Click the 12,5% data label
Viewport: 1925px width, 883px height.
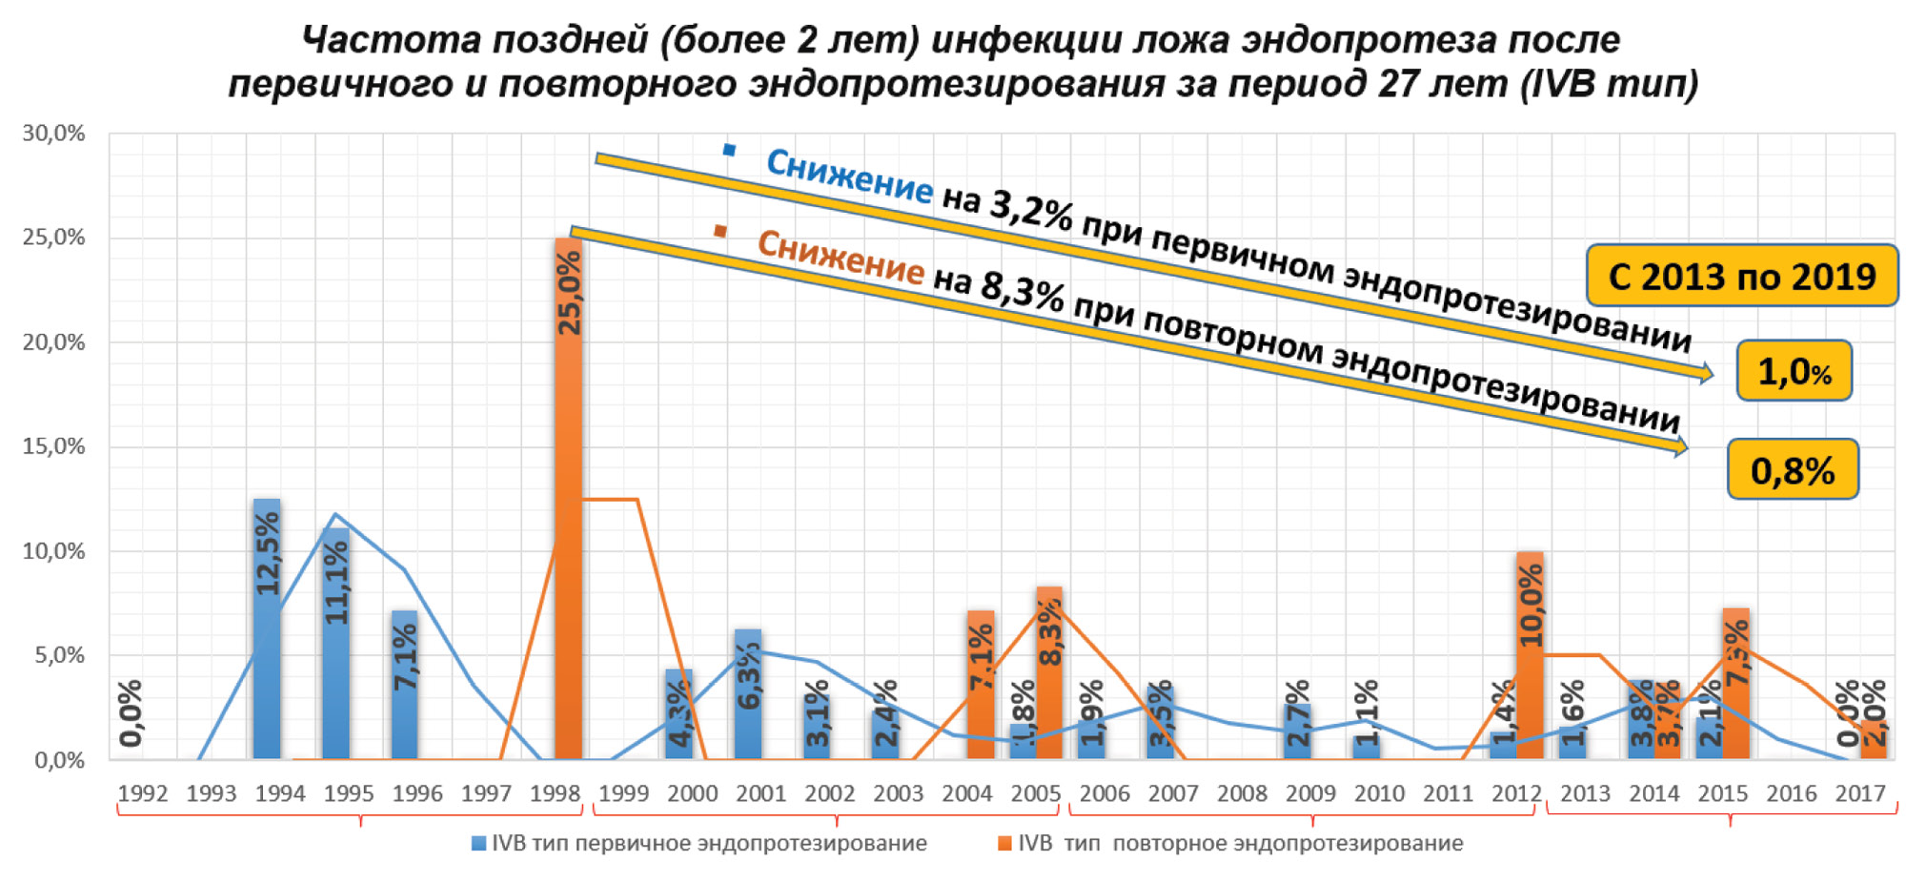(x=268, y=553)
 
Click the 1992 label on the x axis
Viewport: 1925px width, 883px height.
(x=142, y=793)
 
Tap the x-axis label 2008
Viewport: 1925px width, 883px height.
(x=1242, y=793)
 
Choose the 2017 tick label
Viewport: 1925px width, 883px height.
(x=1860, y=793)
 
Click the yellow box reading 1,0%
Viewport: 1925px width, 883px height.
(x=1793, y=371)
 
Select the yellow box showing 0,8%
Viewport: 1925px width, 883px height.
(x=1792, y=469)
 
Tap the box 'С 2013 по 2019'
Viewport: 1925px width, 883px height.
(x=1741, y=277)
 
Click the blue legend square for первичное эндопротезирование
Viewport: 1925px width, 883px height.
(x=479, y=844)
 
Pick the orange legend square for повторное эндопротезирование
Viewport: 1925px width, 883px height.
(x=1004, y=844)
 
